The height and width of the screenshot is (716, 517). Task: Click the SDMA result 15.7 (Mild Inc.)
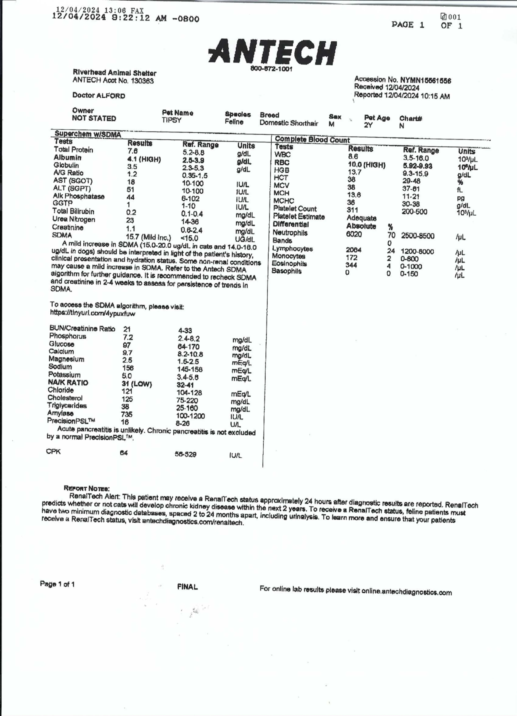(149, 237)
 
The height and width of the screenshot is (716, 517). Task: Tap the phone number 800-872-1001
(271, 69)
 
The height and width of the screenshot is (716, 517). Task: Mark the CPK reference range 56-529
(186, 454)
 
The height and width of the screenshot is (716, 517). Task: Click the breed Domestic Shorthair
(289, 123)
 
